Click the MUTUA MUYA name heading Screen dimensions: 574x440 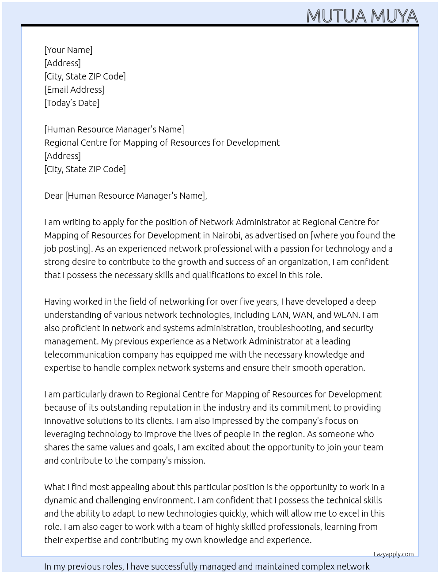tap(362, 16)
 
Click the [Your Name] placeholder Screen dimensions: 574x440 tap(68, 50)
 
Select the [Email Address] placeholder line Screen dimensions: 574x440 tap(74, 90)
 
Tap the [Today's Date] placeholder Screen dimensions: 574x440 tap(72, 103)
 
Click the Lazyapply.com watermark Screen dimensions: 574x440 tap(394, 554)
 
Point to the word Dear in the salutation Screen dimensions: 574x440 tap(53, 196)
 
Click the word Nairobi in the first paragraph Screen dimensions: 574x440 tap(226, 235)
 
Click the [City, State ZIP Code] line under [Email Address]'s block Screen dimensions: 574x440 tap(85, 76)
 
